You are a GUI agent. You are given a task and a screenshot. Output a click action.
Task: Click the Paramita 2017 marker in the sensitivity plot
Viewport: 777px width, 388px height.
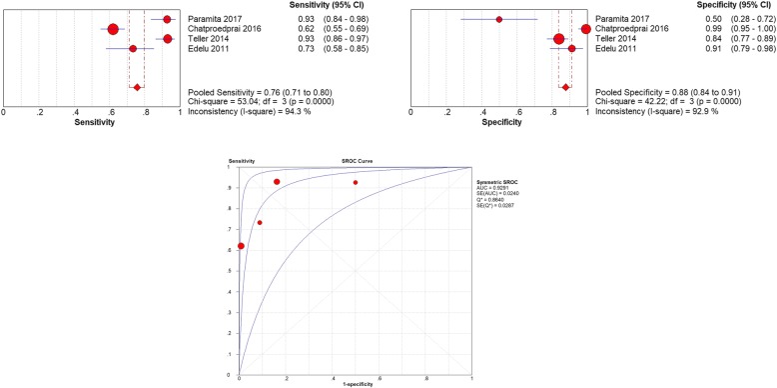[x=167, y=19]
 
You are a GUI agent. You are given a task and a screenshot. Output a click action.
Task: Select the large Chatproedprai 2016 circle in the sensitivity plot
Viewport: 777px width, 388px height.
[x=113, y=29]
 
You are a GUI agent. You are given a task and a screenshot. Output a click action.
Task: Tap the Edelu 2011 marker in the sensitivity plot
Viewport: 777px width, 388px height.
[x=133, y=48]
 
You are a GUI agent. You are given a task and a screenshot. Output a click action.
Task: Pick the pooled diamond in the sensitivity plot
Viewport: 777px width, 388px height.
[x=137, y=87]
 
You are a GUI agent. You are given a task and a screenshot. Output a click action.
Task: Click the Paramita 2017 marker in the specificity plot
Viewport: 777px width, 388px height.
[x=499, y=19]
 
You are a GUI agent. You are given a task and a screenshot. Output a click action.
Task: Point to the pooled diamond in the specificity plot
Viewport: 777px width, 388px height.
[x=566, y=87]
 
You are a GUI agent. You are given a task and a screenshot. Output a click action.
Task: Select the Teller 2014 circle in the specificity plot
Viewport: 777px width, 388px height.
[x=558, y=39]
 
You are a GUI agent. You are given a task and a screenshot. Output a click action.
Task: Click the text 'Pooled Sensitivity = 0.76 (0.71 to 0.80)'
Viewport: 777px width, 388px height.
[x=259, y=91]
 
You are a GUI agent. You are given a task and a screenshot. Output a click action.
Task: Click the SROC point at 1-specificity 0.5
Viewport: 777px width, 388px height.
[x=355, y=182]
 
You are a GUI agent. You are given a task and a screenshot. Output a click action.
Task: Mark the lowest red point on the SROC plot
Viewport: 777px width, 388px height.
[x=241, y=246]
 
